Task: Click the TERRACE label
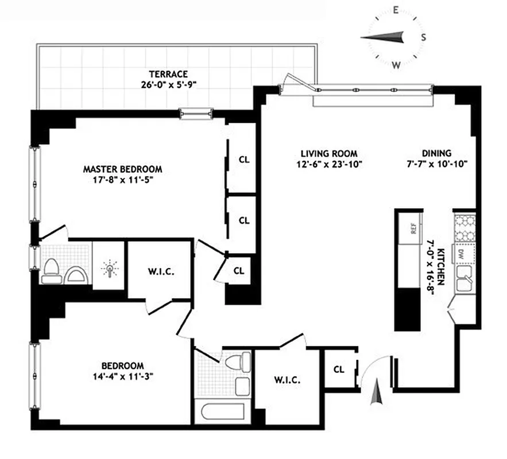pos(168,74)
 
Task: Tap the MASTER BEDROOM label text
pos(122,169)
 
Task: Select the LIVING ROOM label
pos(329,154)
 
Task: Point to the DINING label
pos(436,153)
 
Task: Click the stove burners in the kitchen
pos(464,228)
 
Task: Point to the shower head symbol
pos(108,268)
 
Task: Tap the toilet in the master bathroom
pos(51,271)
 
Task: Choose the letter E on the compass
pos(396,10)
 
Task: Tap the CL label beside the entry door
pos(339,369)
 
